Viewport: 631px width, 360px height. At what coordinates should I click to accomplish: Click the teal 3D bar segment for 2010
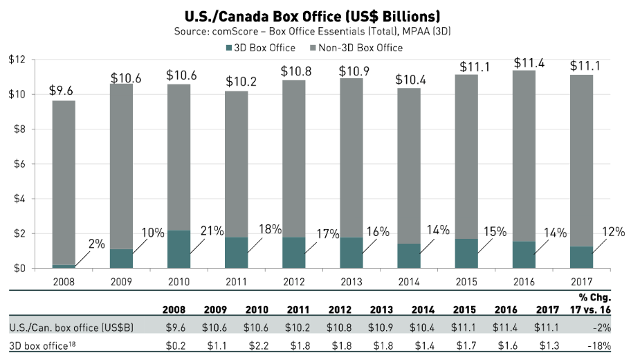179,249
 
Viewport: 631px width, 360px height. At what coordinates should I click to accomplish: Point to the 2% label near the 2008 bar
96,244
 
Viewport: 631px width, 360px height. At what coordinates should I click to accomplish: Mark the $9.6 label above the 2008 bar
63,90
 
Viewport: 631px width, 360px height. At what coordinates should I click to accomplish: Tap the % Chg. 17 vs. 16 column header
597,303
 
